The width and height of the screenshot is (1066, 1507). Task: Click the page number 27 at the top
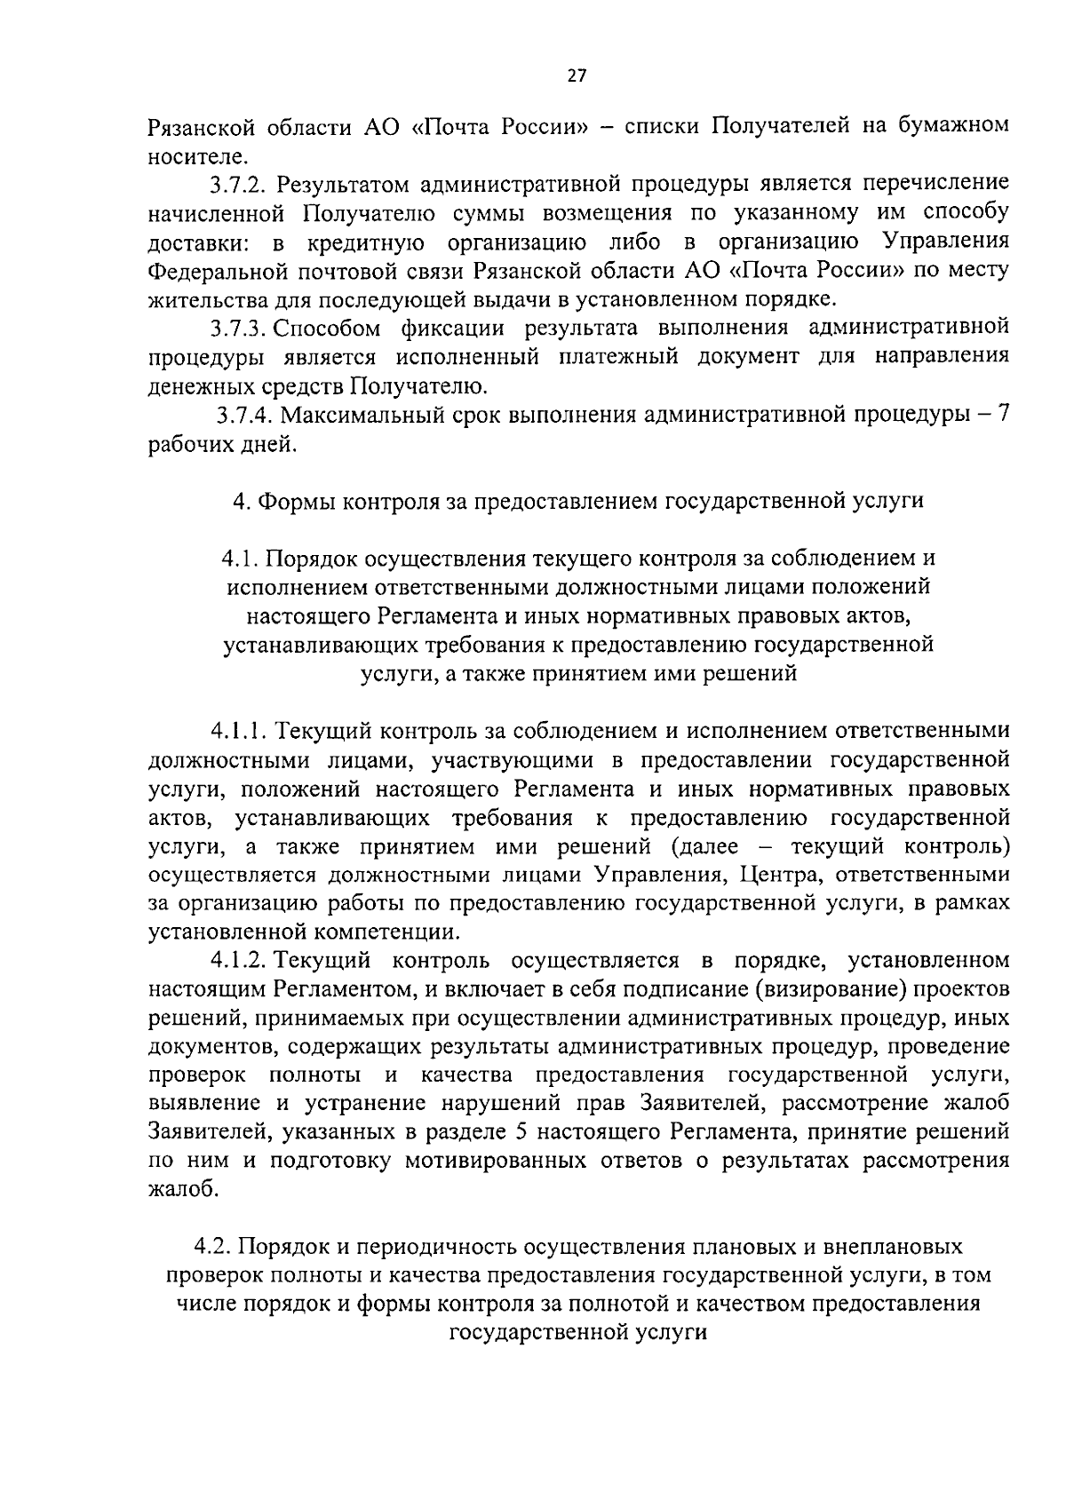(x=577, y=76)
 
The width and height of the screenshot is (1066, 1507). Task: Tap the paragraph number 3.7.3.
(x=239, y=328)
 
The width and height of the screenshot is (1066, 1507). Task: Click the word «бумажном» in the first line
(x=952, y=125)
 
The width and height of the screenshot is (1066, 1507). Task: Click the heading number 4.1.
(x=239, y=559)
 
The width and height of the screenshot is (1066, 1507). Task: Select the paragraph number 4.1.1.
(x=239, y=731)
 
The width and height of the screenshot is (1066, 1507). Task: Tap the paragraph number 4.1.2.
(x=239, y=961)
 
